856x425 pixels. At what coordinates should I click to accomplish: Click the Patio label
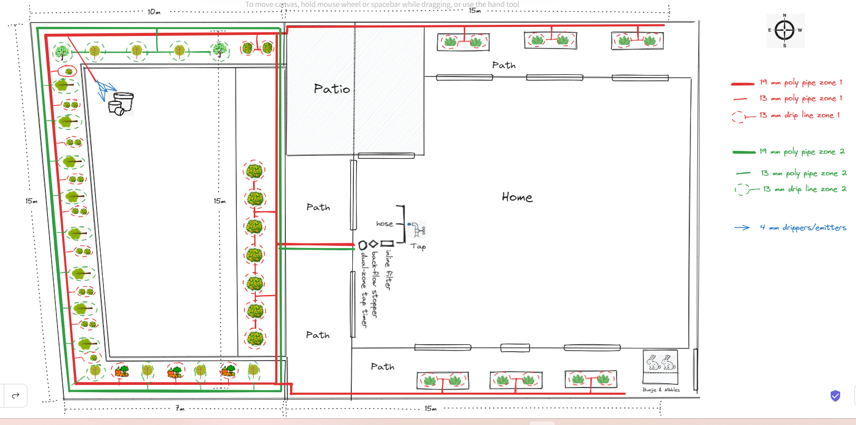click(x=332, y=89)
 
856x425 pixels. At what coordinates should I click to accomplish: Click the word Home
click(x=517, y=197)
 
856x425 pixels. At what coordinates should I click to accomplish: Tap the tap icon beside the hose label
click(x=418, y=229)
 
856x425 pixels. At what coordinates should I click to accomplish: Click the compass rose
click(x=785, y=30)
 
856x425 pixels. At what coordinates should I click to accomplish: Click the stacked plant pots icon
click(x=121, y=103)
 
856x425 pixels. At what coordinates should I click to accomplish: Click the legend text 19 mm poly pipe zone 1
click(x=801, y=82)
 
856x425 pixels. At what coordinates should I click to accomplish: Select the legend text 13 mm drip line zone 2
click(x=804, y=189)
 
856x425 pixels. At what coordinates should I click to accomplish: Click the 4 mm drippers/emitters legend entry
click(x=803, y=228)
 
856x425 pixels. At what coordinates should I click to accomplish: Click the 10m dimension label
click(x=153, y=12)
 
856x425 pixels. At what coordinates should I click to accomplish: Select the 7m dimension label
click(x=180, y=408)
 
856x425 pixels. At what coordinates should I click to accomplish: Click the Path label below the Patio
click(x=318, y=207)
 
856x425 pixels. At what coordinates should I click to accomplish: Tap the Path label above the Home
click(x=504, y=65)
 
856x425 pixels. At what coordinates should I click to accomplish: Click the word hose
click(x=384, y=224)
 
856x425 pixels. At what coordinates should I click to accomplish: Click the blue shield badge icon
click(x=835, y=396)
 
